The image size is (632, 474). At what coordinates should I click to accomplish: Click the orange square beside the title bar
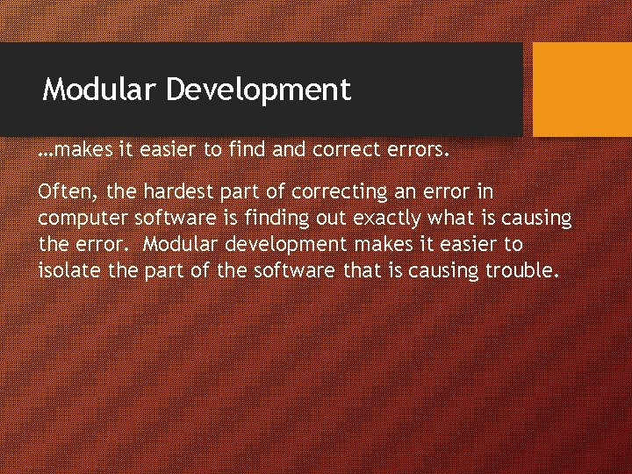coord(582,90)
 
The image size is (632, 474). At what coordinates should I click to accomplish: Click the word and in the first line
coord(287,150)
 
